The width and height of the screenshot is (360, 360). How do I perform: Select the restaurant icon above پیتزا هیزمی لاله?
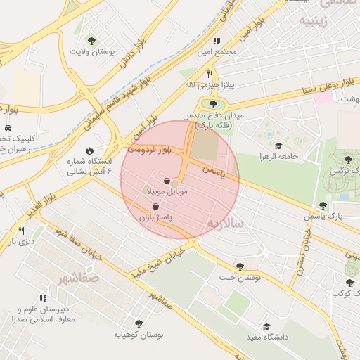209,73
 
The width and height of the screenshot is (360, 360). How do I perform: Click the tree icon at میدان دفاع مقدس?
212,104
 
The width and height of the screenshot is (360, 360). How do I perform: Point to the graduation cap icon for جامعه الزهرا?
278,146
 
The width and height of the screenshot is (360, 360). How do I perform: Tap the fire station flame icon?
90,150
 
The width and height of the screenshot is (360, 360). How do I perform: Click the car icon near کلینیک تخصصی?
7,129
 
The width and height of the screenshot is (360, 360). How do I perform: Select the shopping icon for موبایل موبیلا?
167,181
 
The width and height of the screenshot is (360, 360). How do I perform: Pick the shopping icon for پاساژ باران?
155,207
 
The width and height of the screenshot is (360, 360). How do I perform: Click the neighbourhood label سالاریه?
224,223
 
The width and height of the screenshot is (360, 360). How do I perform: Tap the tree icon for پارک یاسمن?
322,205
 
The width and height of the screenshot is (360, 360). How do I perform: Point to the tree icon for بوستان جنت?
240,267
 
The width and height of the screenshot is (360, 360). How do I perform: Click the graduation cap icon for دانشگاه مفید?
266,326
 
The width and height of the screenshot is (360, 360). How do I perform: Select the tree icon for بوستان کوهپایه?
138,323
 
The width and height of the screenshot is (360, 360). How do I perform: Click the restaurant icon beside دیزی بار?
22,231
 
